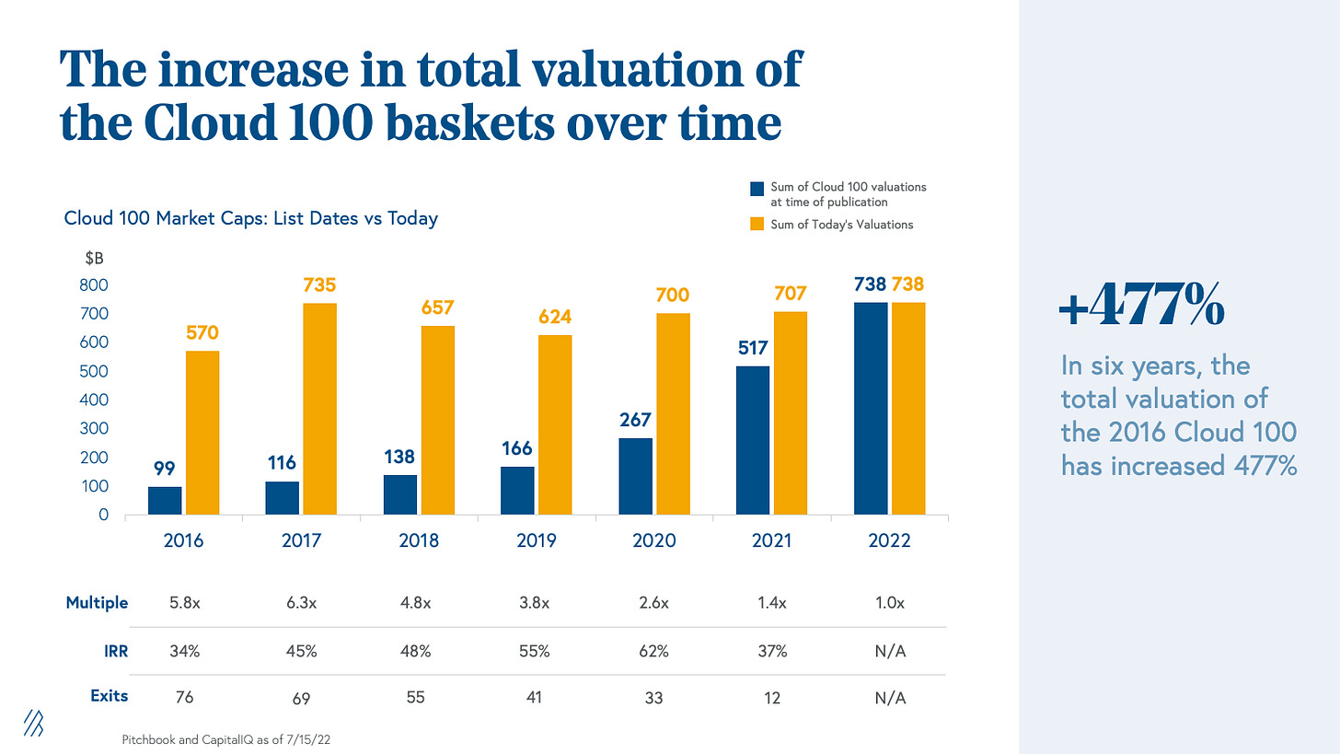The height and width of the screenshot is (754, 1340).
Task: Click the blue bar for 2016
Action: [165, 500]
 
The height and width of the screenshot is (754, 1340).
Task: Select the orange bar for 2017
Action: [319, 409]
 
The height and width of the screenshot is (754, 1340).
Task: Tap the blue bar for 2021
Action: [753, 440]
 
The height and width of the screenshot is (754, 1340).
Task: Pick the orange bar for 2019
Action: [555, 424]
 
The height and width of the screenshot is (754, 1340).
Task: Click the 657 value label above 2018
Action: [437, 307]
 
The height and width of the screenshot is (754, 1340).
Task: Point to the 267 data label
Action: [635, 419]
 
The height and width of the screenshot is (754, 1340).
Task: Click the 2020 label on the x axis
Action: [654, 540]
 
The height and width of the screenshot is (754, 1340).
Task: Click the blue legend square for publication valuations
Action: [757, 189]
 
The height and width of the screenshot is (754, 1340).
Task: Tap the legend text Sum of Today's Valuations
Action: [841, 225]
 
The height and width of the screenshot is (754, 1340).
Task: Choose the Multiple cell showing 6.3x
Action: [301, 603]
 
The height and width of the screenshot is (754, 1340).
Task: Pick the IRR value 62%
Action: [654, 651]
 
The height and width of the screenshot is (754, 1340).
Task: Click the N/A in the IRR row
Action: [890, 651]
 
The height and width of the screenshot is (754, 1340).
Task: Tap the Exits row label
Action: [109, 696]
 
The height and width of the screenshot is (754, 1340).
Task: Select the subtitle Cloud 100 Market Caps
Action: [250, 218]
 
